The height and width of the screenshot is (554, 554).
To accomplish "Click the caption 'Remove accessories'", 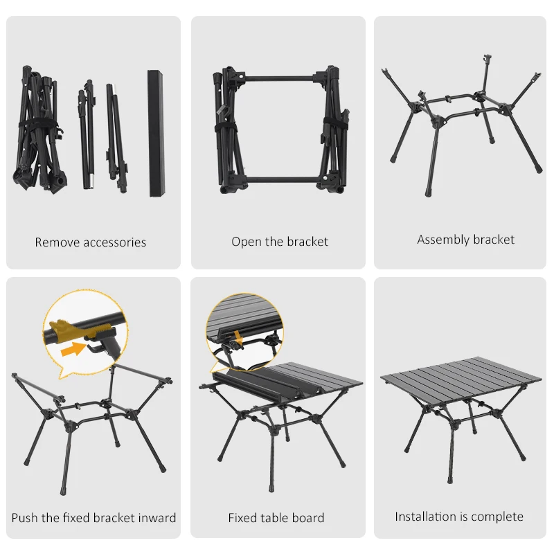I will (91, 242).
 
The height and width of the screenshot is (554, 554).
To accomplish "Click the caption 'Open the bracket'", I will (280, 242).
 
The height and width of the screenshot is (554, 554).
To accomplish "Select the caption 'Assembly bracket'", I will (465, 240).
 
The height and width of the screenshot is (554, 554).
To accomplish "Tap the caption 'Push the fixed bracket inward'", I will (93, 517).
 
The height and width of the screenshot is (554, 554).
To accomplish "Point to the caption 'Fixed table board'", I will (276, 517).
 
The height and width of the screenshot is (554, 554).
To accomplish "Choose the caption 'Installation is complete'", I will (459, 517).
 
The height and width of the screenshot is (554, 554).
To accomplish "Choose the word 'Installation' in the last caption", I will (426, 517).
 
